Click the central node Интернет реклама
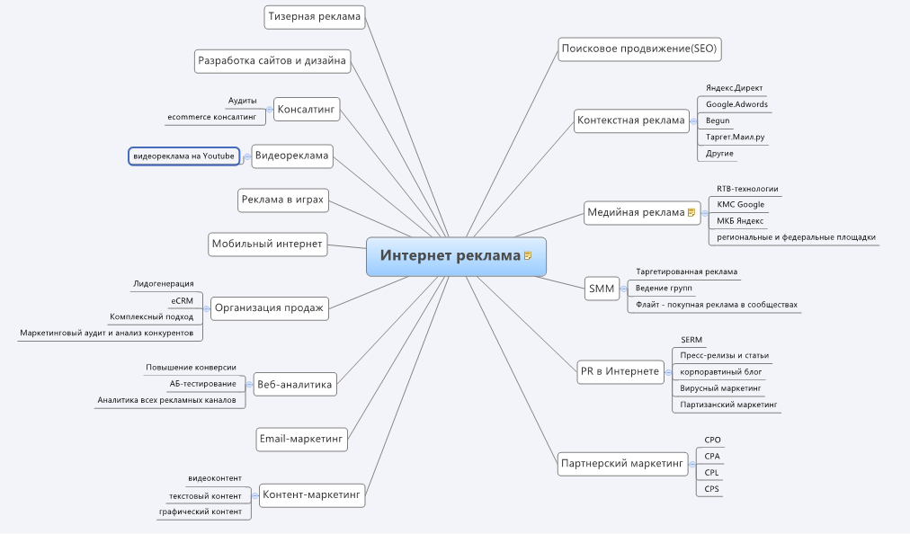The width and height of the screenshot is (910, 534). pos(450,256)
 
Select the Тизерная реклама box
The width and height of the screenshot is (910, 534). pos(315,16)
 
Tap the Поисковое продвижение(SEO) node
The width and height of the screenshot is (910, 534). pos(638,49)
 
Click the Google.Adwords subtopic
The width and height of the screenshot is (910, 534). pos(736,104)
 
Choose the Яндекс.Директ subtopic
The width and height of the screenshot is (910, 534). pos(734,88)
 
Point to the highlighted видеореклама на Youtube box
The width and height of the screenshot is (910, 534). pos(184,156)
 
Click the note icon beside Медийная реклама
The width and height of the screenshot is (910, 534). pos(691,213)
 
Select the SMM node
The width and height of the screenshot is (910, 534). pos(600,289)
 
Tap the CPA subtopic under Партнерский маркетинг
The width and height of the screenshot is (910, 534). pos(712,457)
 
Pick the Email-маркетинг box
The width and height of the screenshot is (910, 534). pos(301,440)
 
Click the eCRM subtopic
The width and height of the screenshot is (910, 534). pos(182,301)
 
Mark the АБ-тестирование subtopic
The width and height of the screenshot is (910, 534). pos(203,384)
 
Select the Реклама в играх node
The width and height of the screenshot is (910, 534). pos(281,200)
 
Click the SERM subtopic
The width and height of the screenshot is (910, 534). pos(691,340)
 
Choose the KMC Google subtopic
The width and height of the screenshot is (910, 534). pos(740,205)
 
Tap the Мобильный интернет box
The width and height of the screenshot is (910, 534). pos(266,244)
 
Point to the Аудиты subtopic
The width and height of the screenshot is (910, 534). pos(242,101)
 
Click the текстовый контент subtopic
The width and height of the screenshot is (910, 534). pos(205,496)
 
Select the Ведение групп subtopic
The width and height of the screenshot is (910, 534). pos(664,288)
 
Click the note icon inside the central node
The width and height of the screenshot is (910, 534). pos(528,256)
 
